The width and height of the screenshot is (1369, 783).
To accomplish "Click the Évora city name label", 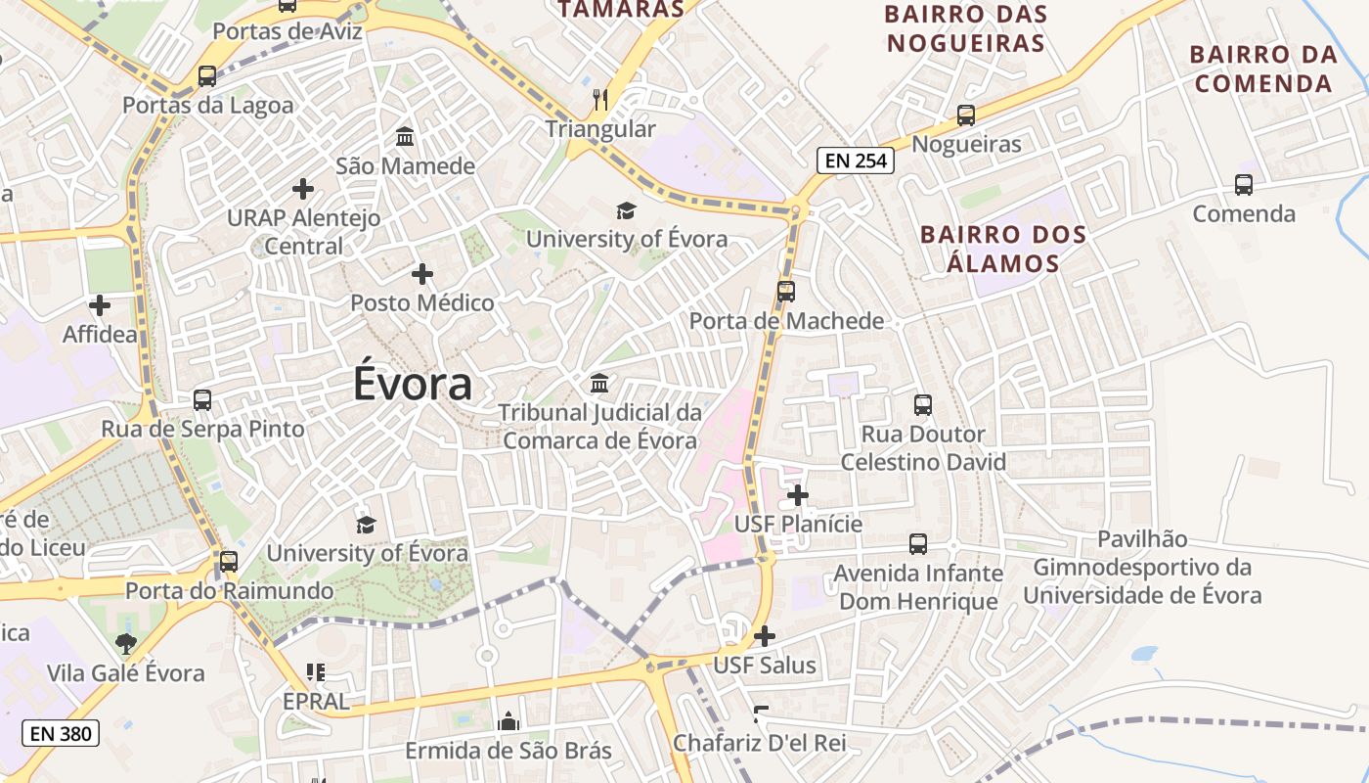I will [x=413, y=384].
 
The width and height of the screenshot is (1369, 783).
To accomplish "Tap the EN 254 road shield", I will [x=857, y=161].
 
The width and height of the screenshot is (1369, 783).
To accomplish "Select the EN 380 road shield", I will [x=61, y=732].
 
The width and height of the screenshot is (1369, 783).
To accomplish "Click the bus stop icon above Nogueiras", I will [x=966, y=115].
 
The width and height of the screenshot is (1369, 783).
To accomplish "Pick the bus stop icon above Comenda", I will [x=1244, y=184].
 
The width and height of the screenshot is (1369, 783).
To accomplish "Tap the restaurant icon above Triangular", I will [x=600, y=99].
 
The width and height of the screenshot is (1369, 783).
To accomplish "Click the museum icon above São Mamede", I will [x=405, y=136].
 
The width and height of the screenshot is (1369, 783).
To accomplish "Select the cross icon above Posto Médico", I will [x=422, y=274].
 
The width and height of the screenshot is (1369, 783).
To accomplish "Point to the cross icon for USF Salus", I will [x=765, y=636].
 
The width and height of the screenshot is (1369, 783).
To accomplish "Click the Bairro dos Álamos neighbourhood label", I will [x=1003, y=249].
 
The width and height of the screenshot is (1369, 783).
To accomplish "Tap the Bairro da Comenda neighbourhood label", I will [x=1263, y=69].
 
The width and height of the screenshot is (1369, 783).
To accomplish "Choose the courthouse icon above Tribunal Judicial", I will [x=599, y=383].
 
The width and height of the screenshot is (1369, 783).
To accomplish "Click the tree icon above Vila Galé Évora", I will [x=125, y=643].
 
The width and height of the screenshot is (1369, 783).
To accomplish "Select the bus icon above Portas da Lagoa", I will [x=207, y=75].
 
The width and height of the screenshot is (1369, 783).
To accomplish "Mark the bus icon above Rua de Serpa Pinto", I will [x=202, y=399].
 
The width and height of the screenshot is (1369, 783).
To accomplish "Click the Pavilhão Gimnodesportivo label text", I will [x=1142, y=567].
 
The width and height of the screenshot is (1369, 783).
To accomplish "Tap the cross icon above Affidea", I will [x=99, y=305].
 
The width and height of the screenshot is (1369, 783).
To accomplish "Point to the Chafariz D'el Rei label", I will [x=759, y=743].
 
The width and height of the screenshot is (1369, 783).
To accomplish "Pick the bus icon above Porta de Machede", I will [x=786, y=291].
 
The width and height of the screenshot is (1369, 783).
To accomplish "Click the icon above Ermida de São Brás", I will [x=508, y=722].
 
